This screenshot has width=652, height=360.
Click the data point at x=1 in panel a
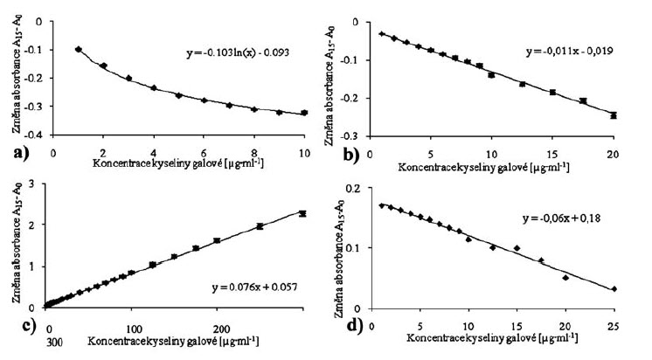(79, 50)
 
